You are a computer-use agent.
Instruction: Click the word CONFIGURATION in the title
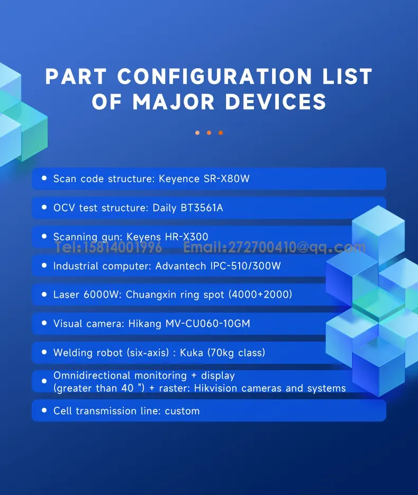click(214, 76)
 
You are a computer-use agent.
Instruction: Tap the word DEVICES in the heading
click(276, 102)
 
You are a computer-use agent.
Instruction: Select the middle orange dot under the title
click(209, 133)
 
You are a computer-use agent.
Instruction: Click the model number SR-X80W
click(226, 179)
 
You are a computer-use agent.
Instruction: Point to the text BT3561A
click(202, 208)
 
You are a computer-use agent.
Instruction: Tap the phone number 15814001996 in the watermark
click(123, 247)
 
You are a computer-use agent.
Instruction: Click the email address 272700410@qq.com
click(296, 247)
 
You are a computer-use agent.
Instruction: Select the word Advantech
click(181, 266)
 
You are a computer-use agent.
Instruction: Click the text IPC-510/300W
click(246, 266)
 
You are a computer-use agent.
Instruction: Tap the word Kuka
click(192, 352)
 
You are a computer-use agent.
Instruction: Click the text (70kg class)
click(236, 353)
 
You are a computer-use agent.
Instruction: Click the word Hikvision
click(216, 388)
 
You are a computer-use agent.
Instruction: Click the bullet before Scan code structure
click(44, 178)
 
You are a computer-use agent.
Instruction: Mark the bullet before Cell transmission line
click(44, 410)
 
